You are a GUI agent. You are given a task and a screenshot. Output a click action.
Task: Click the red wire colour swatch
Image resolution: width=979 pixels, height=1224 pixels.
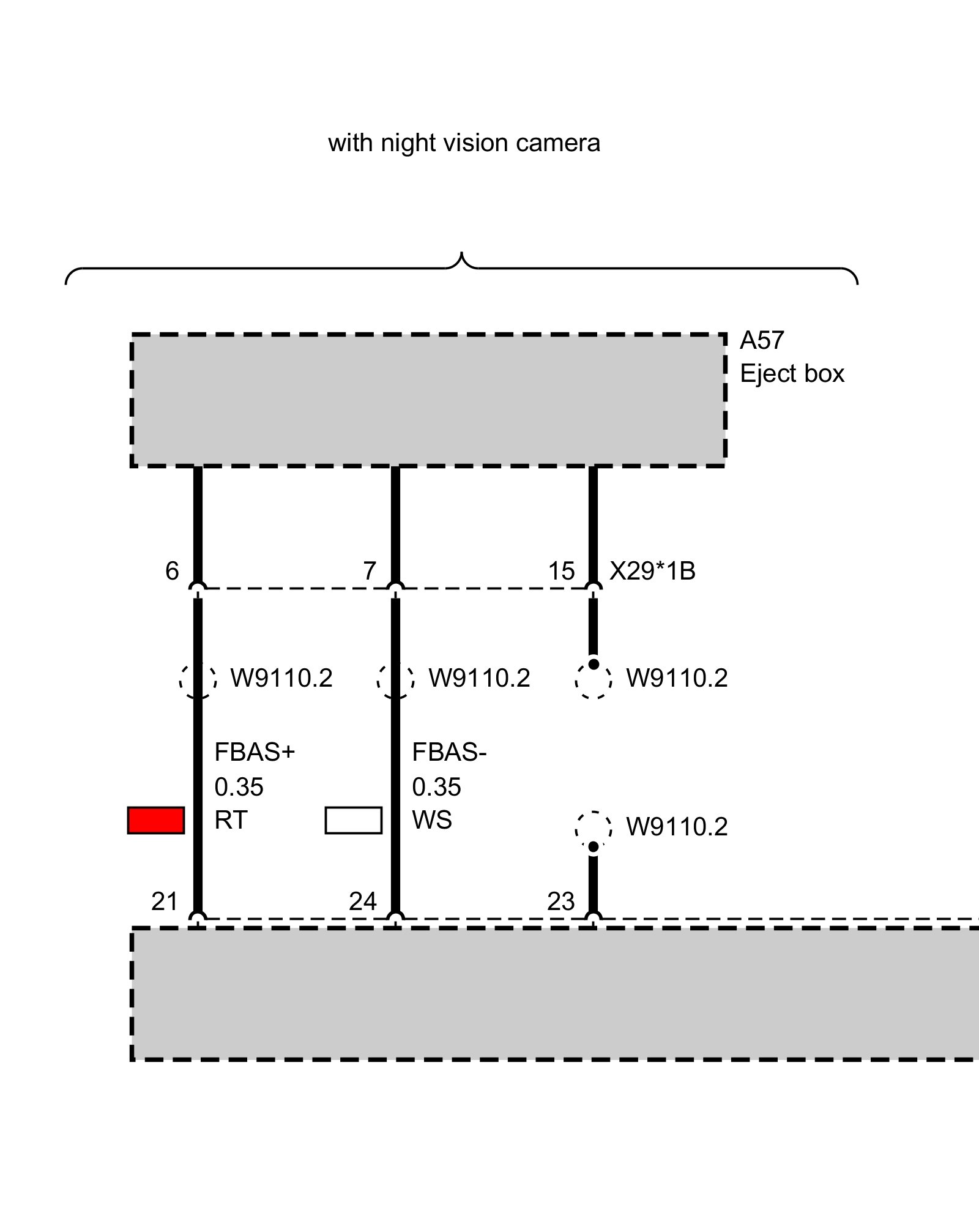tap(156, 820)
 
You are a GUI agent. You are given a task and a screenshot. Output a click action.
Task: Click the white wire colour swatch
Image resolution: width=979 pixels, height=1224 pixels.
tap(354, 820)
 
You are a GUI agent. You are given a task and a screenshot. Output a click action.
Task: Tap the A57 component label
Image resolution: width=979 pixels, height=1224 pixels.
tap(762, 340)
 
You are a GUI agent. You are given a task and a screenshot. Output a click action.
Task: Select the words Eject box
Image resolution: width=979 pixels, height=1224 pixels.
tap(792, 373)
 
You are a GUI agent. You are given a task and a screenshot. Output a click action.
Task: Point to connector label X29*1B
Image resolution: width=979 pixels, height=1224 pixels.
tap(652, 571)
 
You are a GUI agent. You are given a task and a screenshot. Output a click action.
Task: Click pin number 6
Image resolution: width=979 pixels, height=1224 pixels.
tap(172, 571)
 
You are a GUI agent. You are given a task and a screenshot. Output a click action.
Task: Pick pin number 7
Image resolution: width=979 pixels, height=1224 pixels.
tap(370, 571)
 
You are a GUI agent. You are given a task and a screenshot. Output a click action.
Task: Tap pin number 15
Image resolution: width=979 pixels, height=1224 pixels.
tap(561, 571)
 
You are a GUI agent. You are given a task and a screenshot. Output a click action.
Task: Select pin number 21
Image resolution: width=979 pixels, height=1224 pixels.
tap(165, 901)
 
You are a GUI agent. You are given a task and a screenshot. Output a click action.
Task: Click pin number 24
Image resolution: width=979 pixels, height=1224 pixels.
tap(363, 901)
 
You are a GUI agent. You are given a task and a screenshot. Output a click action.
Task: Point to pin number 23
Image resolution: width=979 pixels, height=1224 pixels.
tap(561, 901)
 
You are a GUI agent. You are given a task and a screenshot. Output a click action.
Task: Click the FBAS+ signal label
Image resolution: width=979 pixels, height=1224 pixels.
tap(255, 752)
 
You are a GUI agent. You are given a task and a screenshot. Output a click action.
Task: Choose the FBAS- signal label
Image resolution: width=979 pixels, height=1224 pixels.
tap(449, 752)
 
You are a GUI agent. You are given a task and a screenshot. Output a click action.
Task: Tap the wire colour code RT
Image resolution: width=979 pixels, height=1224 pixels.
tap(231, 820)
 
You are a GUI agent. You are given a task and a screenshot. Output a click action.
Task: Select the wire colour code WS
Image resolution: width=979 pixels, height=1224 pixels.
tap(432, 820)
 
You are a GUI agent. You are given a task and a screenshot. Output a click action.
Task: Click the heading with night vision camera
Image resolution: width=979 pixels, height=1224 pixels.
tap(464, 143)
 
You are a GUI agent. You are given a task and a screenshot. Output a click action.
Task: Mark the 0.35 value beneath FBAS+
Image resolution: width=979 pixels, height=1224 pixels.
tap(239, 787)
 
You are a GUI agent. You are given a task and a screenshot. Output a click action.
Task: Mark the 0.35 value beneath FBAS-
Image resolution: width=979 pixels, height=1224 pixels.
tap(436, 787)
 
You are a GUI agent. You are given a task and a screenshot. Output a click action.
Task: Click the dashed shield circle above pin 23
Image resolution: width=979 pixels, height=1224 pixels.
tap(594, 828)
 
